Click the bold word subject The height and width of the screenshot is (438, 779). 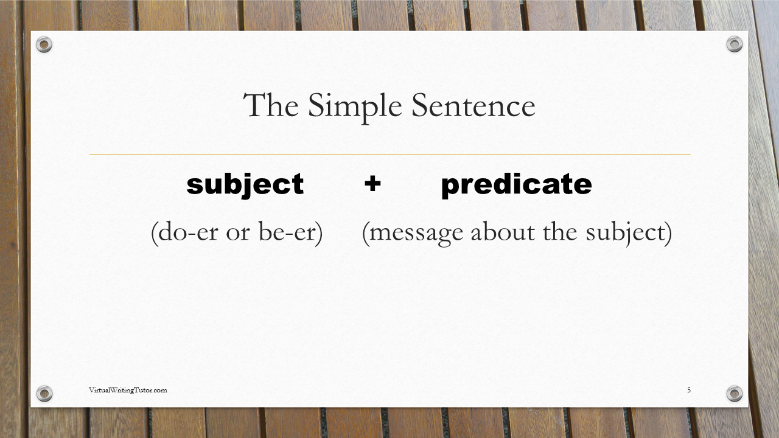click(x=245, y=184)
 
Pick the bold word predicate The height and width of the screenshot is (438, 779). click(x=516, y=184)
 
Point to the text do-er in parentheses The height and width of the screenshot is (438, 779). click(x=185, y=233)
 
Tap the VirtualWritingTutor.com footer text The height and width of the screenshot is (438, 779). click(x=128, y=390)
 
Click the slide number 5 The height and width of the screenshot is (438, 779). click(x=689, y=390)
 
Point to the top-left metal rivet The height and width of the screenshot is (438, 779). click(x=44, y=44)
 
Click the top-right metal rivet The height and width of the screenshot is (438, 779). click(x=735, y=44)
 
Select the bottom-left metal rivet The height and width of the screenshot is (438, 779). click(x=44, y=394)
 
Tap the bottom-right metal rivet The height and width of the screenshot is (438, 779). click(x=735, y=394)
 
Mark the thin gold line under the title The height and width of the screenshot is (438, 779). click(x=389, y=155)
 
